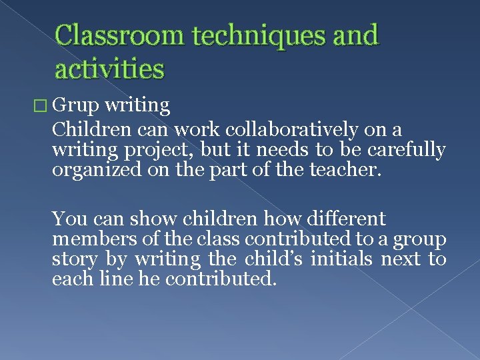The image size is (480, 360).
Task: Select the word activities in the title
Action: tap(109, 68)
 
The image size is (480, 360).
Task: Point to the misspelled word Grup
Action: tap(73, 105)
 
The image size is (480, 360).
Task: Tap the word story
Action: tap(74, 258)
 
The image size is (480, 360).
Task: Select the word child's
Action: tap(269, 258)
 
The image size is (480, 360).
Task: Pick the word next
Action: tap(401, 258)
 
